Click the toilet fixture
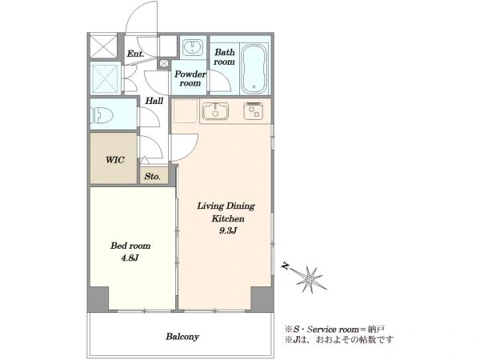point(102,114)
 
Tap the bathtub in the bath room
point(254,69)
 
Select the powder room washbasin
point(193,47)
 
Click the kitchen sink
point(215,111)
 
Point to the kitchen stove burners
point(253,111)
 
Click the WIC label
point(115,160)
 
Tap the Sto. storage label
point(153,176)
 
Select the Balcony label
point(182,337)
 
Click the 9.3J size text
point(228,230)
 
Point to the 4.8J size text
point(130,258)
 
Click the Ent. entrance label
point(136,54)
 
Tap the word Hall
point(154,101)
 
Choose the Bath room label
point(224,57)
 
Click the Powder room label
point(190,78)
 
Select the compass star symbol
point(309,279)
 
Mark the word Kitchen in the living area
point(228,218)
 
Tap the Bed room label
point(130,246)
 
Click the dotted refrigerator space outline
point(186,111)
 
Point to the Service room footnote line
point(335,330)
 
